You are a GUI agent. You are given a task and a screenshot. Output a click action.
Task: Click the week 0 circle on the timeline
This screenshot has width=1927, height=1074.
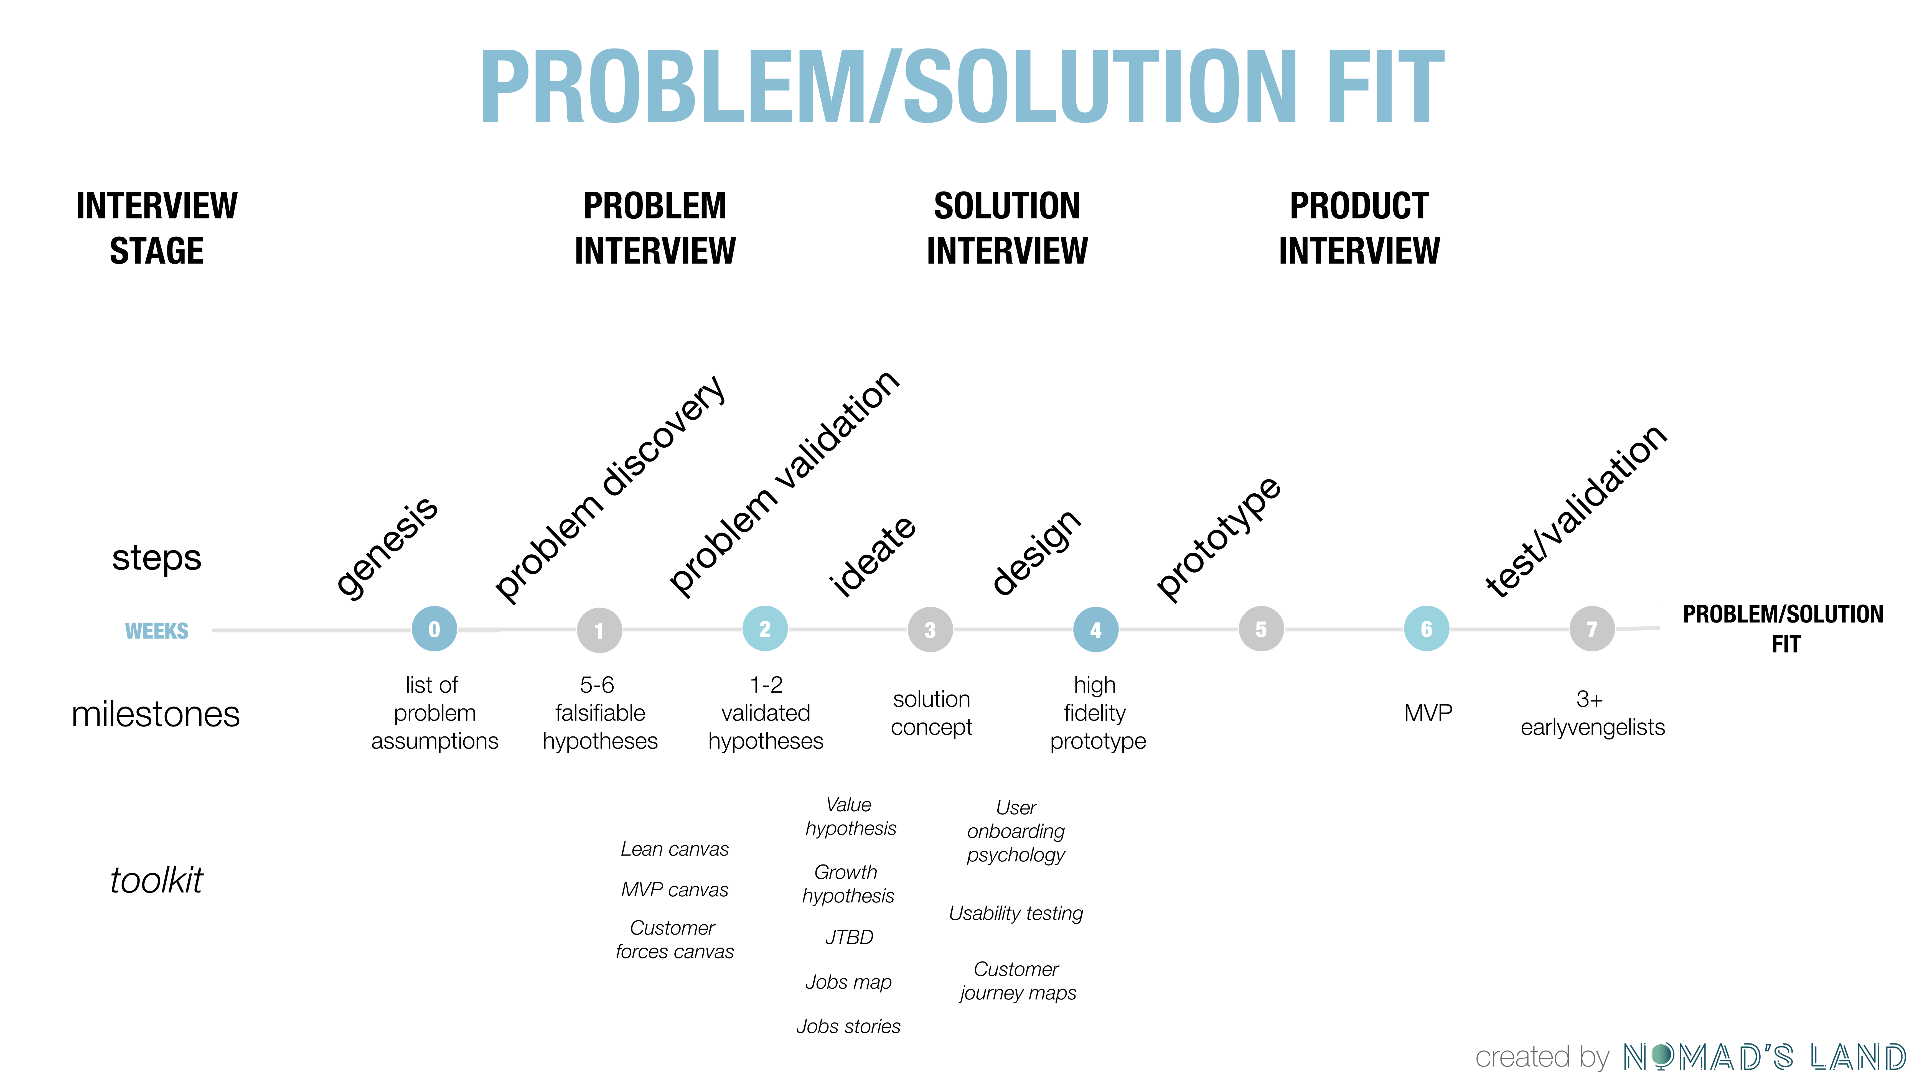point(434,629)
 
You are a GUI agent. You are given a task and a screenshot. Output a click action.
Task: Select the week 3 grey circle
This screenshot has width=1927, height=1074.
point(930,630)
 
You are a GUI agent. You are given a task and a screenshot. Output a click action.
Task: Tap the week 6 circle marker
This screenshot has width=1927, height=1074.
point(1426,629)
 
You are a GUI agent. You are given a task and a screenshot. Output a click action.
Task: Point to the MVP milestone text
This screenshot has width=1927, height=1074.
point(1427,713)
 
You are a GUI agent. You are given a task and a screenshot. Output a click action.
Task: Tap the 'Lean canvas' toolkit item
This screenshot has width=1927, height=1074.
point(674,849)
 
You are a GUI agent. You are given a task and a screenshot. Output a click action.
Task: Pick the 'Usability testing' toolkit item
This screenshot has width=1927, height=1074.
point(1015,913)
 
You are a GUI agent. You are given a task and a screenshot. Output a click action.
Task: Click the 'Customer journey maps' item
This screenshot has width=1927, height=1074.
point(1017,981)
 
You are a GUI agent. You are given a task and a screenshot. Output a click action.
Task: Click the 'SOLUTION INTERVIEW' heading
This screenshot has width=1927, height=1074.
point(1007,228)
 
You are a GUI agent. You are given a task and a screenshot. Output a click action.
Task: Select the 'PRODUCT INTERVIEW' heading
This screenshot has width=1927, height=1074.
point(1359,228)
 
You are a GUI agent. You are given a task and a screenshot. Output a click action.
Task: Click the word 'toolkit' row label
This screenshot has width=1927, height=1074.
point(156,880)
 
